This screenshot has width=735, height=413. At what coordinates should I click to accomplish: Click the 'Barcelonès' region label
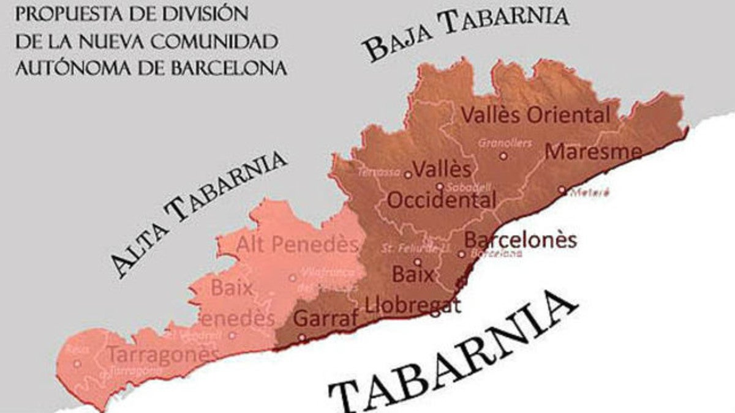coord(521,239)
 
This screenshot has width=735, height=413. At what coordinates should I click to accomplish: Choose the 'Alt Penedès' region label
coord(297,245)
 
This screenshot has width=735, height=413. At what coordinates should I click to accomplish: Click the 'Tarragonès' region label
coord(162,355)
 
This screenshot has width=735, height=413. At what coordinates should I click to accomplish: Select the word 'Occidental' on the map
coord(442,200)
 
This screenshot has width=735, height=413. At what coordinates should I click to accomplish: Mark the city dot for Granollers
coord(503,156)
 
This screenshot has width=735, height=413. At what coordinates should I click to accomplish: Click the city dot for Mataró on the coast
coord(562,190)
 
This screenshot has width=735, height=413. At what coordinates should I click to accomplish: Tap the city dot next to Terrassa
coord(408,175)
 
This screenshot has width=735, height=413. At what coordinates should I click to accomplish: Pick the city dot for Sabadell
coord(440,187)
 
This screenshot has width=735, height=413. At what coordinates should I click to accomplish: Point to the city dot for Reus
coord(77,363)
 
